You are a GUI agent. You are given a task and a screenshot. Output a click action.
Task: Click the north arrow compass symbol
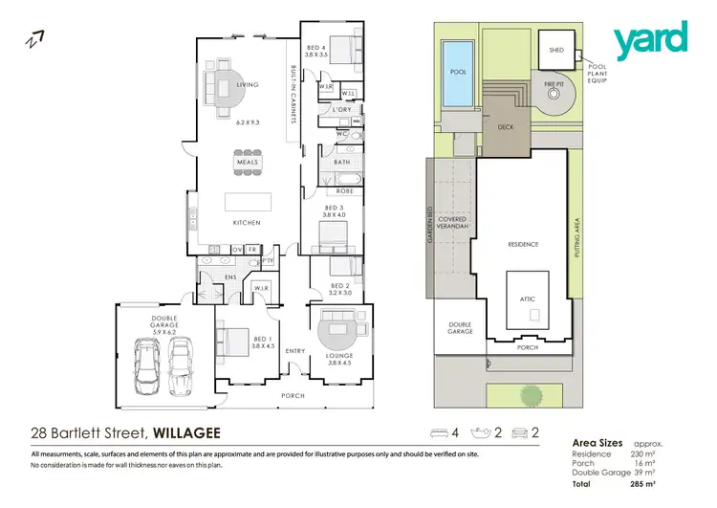coord(34,39)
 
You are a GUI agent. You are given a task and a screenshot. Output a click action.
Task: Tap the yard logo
coord(650,41)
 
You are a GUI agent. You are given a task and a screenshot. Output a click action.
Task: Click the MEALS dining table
coord(248,162)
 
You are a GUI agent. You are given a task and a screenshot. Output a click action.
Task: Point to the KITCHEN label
coord(247,223)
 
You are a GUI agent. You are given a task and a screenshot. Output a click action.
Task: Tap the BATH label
coord(341,163)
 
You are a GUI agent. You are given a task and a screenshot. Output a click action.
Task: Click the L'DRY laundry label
coord(342,111)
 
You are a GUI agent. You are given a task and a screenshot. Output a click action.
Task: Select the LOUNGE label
coord(339,355)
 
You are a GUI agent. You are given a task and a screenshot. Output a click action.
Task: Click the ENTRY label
coord(295,350)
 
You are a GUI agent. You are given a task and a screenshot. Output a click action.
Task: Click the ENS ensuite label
coord(229,278)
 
